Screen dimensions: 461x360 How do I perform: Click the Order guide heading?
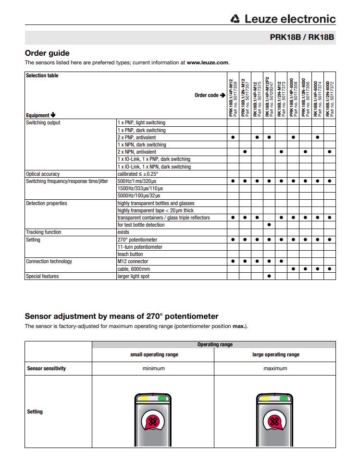tap(47, 53)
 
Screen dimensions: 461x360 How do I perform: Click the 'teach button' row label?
tap(130, 254)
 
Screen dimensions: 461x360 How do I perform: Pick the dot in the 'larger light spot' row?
tap(269, 276)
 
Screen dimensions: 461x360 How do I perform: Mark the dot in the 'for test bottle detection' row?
tap(269, 225)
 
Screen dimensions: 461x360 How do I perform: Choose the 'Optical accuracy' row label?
tap(43, 174)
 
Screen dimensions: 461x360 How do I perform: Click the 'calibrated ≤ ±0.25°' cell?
tap(137, 174)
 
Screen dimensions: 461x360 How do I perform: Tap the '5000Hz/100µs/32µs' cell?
tap(139, 196)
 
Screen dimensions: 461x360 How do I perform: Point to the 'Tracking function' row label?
tap(44, 232)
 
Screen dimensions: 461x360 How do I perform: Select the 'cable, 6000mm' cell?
tap(134, 269)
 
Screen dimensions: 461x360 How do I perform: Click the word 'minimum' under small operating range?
tap(153, 368)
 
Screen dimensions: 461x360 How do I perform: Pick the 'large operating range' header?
tap(275, 354)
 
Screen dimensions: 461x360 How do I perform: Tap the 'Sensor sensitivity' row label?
tap(47, 368)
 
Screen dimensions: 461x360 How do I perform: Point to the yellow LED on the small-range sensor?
tap(144, 398)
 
